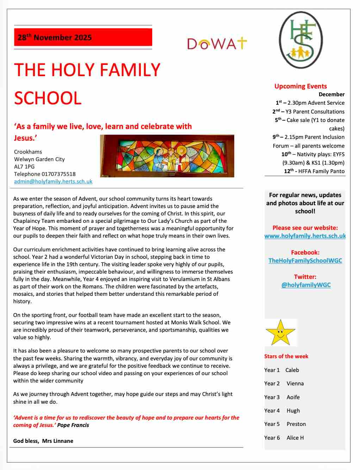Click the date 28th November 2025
coord(55,37)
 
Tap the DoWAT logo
coord(217,44)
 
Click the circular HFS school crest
coord(301,40)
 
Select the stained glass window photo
coord(167,156)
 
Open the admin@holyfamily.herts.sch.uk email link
coord(53,182)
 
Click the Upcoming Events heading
coord(300,86)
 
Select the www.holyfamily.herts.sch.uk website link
coord(305,236)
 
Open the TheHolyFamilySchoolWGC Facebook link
coord(305,261)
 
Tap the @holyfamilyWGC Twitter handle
coord(306,285)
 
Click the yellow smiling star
coord(280,332)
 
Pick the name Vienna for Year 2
coord(295,384)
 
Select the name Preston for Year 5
coord(296,424)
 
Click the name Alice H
coord(295,438)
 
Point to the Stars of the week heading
coord(286,356)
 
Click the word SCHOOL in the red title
coord(48,98)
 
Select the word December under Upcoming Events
coord(331,94)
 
